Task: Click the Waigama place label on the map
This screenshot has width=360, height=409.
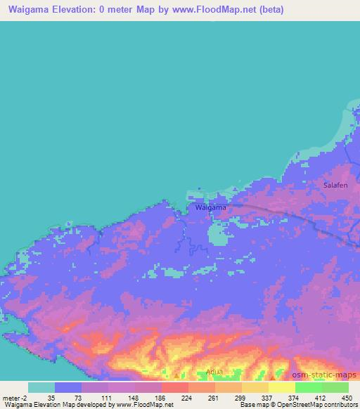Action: point(210,207)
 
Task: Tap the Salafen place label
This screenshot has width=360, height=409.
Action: point(335,185)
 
